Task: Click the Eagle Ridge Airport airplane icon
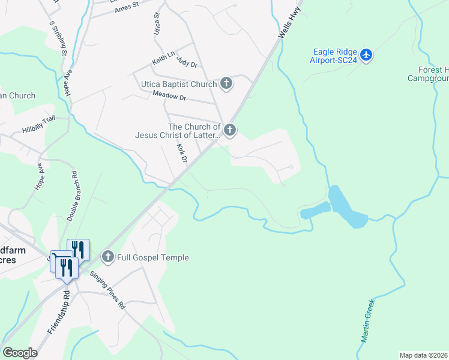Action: (x=366, y=56)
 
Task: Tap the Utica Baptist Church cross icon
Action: (x=226, y=83)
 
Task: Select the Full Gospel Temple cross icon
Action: (x=108, y=257)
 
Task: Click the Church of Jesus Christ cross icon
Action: (x=229, y=130)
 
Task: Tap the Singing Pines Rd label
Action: (x=109, y=291)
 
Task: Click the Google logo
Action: (x=20, y=353)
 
